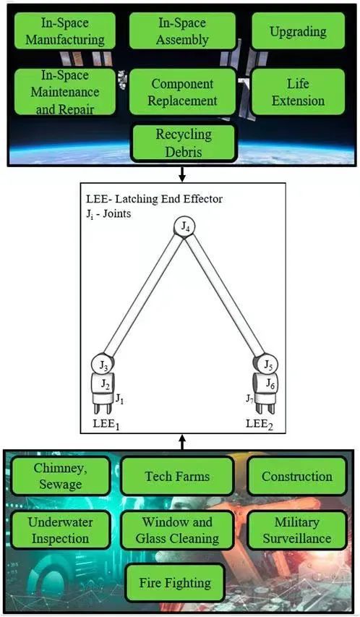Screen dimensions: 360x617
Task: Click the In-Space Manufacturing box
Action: point(65,30)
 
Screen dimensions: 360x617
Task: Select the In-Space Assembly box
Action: point(182,30)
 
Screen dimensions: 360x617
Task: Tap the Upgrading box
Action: point(298,30)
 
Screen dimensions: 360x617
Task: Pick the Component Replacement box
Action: point(182,92)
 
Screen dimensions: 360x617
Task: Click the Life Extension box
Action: point(298,92)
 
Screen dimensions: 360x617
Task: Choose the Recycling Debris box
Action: point(184,142)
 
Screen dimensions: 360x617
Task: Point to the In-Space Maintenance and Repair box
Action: point(65,92)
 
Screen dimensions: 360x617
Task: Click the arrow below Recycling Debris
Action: point(181,174)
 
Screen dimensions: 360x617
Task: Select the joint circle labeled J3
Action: point(103,364)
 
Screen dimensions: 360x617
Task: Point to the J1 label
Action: point(119,399)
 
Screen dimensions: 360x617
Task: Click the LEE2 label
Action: point(260,424)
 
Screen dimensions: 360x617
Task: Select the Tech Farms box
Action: point(177,476)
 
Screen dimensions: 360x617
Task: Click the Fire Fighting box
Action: point(175,583)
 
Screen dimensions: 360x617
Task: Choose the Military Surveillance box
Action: point(297,530)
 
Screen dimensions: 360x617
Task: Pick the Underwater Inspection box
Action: point(60,530)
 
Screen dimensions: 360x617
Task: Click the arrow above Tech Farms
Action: point(181,442)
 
